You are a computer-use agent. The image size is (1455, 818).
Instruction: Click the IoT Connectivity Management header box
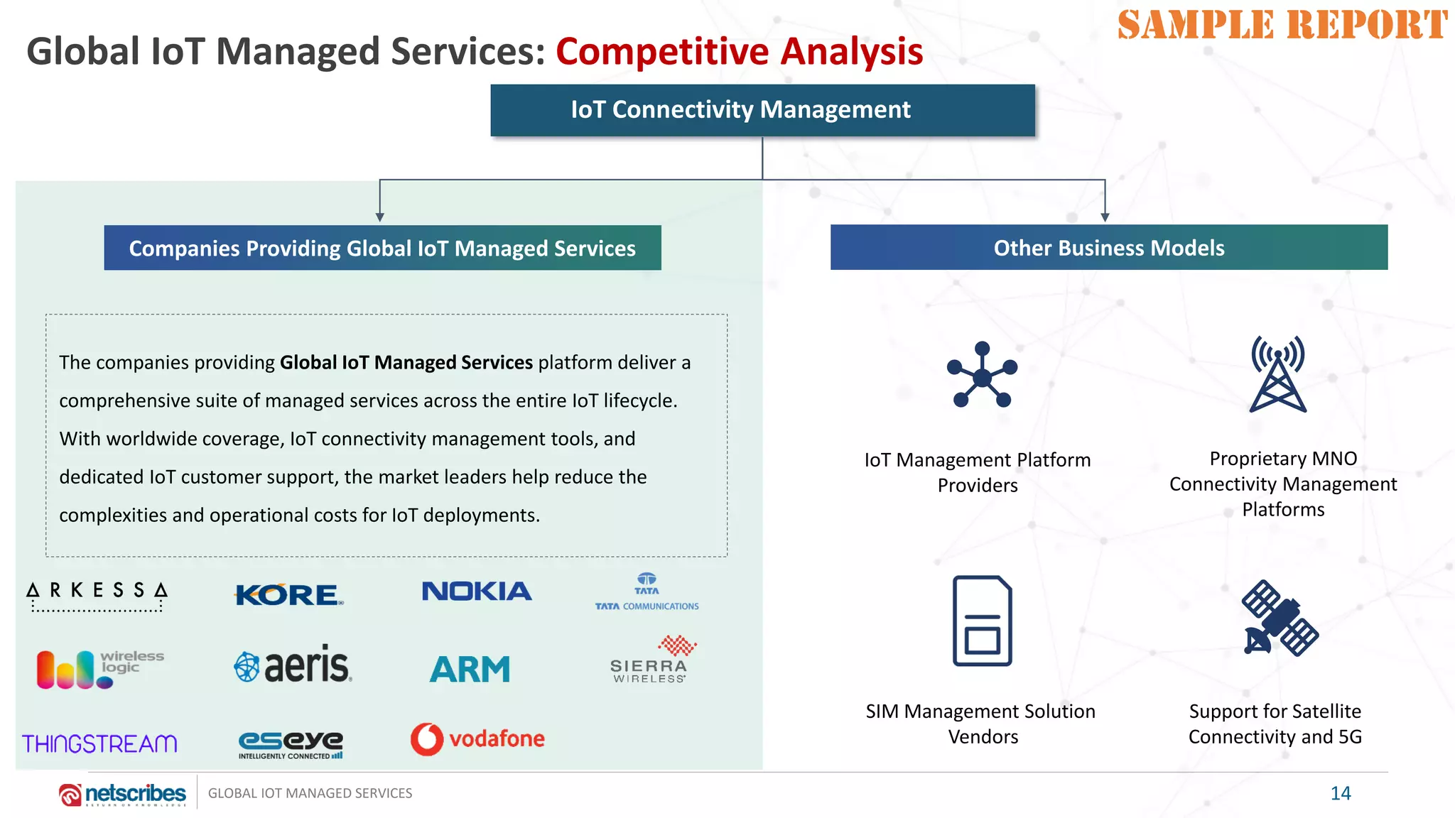click(762, 110)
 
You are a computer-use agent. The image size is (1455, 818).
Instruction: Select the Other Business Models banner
click(1108, 248)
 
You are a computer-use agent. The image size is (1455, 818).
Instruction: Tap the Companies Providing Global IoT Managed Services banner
click(382, 248)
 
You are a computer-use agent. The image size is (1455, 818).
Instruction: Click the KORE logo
click(288, 594)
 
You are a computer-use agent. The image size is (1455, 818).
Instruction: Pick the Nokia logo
click(477, 591)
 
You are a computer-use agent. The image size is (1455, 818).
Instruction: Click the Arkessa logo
click(97, 595)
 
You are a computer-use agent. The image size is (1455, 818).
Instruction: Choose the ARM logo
click(470, 669)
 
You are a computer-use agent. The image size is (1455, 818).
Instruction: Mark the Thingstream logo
click(99, 743)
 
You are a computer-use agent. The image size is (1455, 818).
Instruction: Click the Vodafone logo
click(477, 739)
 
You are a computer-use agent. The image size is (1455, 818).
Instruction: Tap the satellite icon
click(1280, 618)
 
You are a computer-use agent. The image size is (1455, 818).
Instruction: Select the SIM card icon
click(983, 621)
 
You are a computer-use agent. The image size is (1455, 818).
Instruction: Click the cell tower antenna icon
click(1277, 374)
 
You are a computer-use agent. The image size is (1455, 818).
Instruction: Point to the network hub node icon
click(983, 376)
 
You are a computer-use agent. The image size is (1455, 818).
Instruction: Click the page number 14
click(1340, 793)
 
